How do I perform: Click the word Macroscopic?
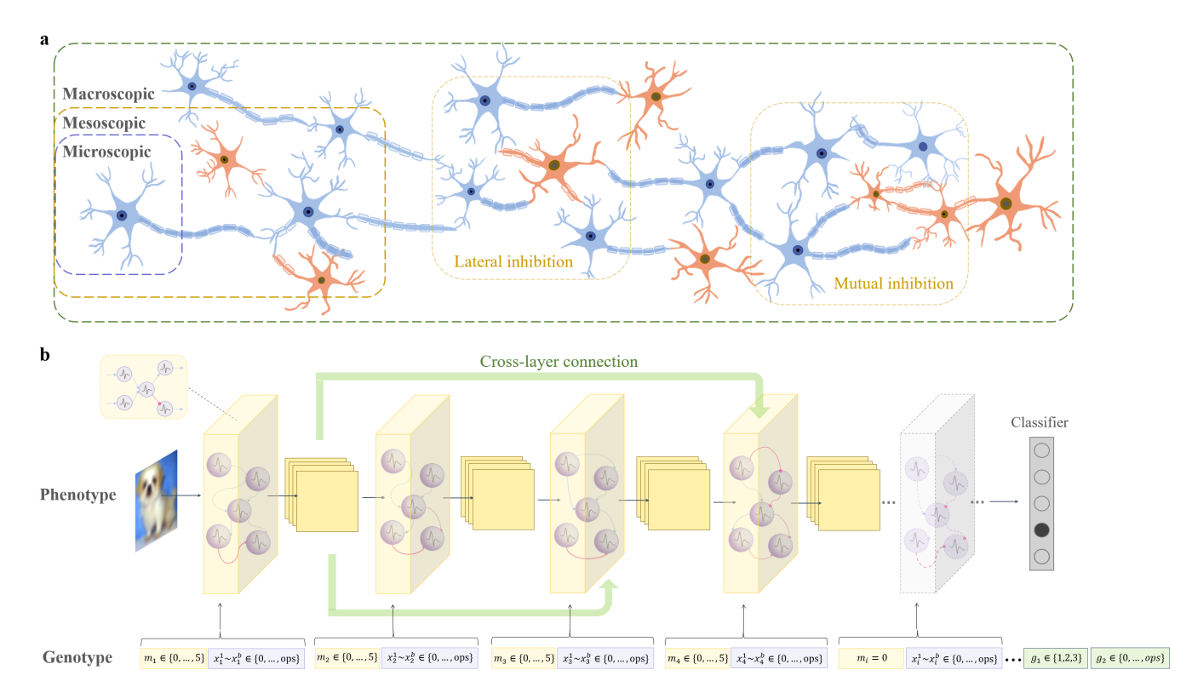point(108,94)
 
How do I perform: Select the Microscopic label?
point(106,152)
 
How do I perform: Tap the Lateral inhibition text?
point(513,261)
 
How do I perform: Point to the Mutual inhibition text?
point(893,283)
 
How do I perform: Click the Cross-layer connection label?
point(558,361)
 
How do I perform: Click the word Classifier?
point(1039,422)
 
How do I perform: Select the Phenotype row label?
point(78,495)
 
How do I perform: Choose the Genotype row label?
point(77,657)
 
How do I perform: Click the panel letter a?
point(45,39)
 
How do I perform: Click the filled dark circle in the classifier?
point(1041,530)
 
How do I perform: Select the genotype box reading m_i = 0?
point(871,658)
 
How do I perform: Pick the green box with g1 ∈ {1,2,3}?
point(1056,658)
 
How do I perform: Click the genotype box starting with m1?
point(174,658)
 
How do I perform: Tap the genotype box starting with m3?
point(523,658)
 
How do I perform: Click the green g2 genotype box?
point(1131,658)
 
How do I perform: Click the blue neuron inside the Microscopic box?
point(122,215)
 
